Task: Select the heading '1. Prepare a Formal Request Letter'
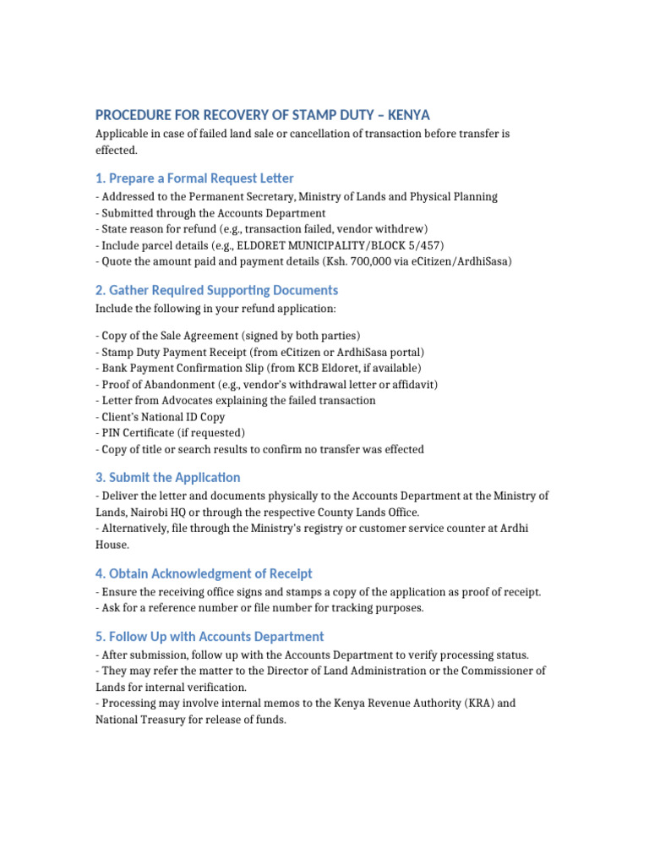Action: tap(194, 178)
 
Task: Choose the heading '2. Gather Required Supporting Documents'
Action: tap(216, 290)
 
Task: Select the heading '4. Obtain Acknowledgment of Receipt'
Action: tap(204, 573)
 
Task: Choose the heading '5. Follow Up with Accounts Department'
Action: tap(210, 636)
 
